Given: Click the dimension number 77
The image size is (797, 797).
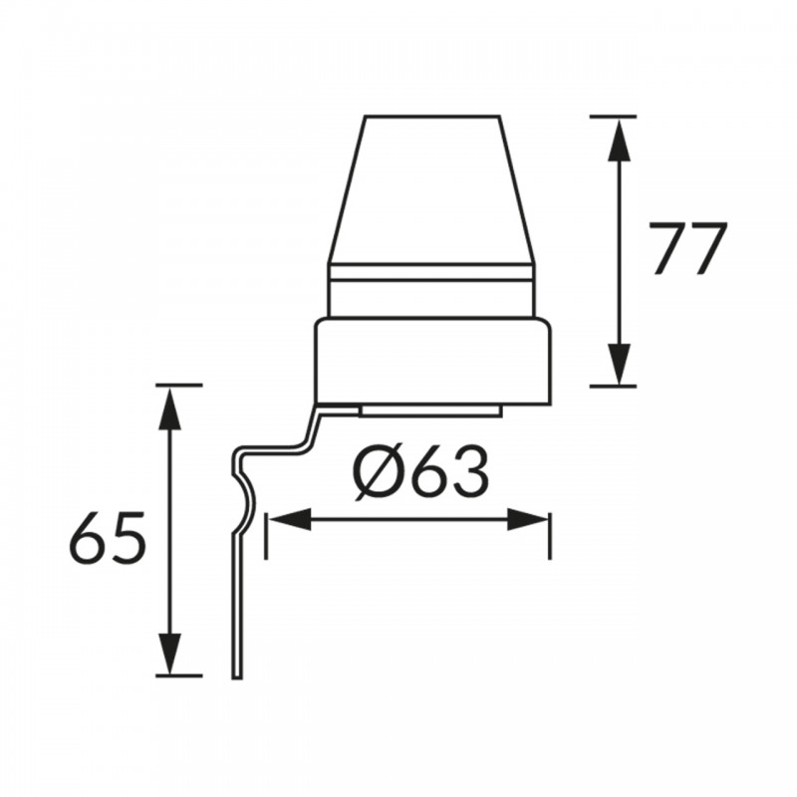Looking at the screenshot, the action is point(688,249).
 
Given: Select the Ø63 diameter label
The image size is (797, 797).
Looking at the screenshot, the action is point(421,472).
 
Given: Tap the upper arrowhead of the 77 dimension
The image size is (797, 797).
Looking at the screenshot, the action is point(619,140).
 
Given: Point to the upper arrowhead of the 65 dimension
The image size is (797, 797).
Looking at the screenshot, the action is point(170,408).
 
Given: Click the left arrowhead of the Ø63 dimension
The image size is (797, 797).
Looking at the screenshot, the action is point(289,518).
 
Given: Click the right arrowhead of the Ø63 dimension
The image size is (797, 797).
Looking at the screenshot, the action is point(528,518).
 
